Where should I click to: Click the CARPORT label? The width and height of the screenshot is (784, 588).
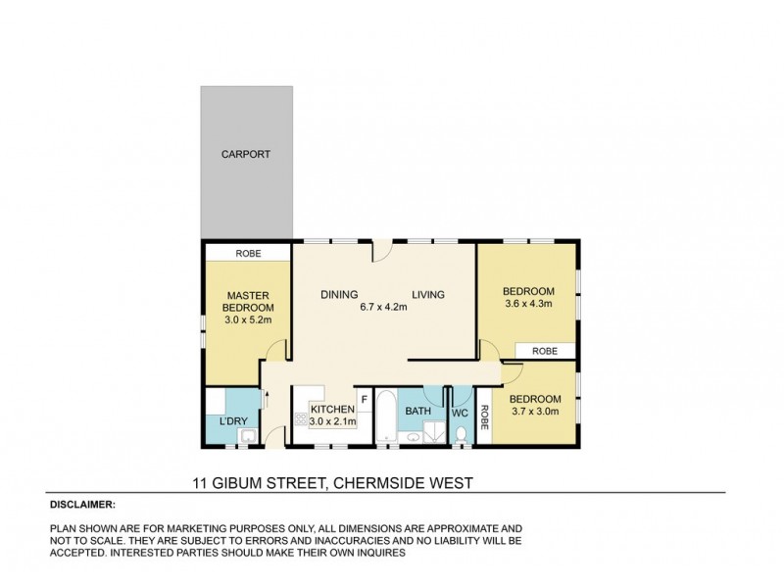tap(245, 155)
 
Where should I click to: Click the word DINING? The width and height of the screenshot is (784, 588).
tap(339, 294)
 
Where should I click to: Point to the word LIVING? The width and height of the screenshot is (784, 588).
tap(428, 294)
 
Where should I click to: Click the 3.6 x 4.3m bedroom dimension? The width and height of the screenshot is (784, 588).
tap(528, 304)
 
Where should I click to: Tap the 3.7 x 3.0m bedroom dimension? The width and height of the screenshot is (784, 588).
tap(533, 412)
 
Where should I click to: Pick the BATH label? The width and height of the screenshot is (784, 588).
tap(418, 412)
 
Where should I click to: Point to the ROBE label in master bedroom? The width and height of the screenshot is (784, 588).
tap(247, 253)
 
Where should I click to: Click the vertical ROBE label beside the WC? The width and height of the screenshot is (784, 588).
tap(484, 415)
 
